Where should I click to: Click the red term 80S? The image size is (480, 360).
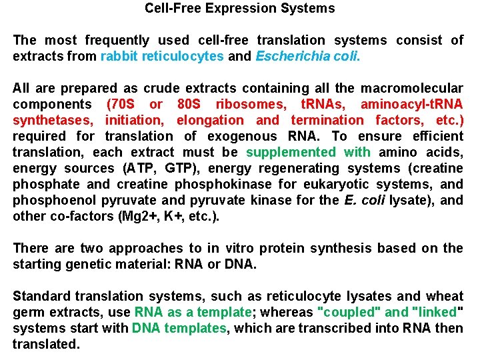coord(191,105)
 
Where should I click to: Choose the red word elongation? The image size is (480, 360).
coord(209,121)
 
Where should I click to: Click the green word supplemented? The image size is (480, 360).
coord(291,153)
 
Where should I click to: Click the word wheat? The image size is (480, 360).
coord(446,297)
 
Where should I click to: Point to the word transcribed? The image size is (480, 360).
coord(315,329)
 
